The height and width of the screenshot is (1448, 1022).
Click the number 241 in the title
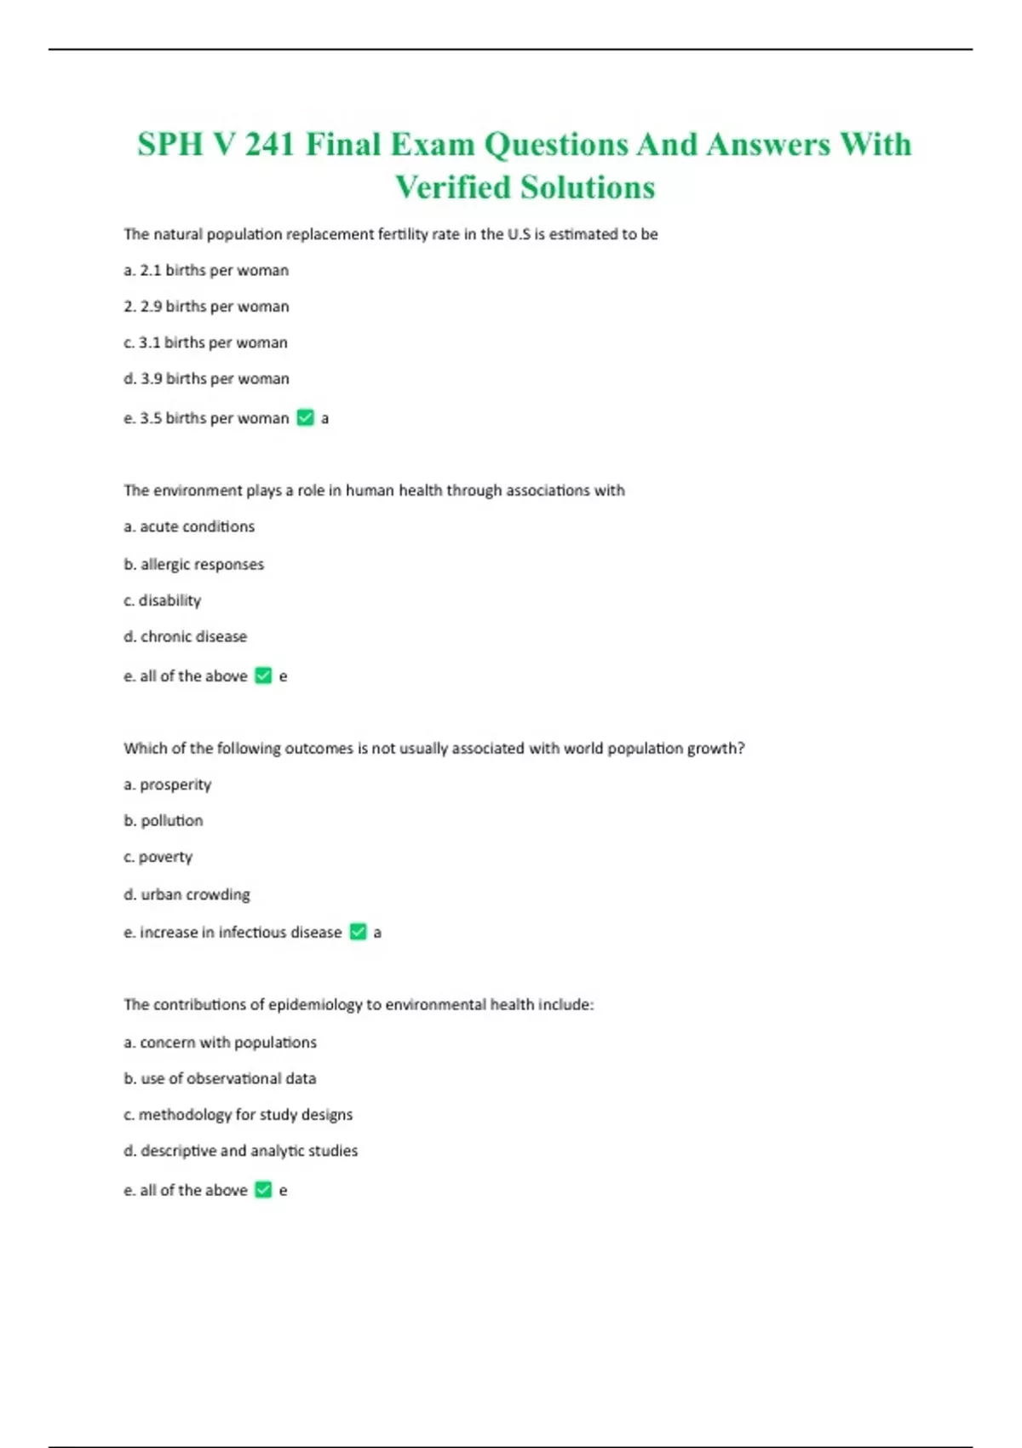click(270, 145)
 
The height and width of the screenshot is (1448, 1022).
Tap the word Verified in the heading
click(453, 187)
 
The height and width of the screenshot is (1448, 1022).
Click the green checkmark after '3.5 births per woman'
click(306, 417)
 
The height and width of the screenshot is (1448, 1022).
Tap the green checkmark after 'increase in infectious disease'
click(359, 932)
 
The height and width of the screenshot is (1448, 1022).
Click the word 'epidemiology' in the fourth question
click(315, 1005)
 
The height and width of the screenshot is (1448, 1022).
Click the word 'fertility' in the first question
click(404, 234)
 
